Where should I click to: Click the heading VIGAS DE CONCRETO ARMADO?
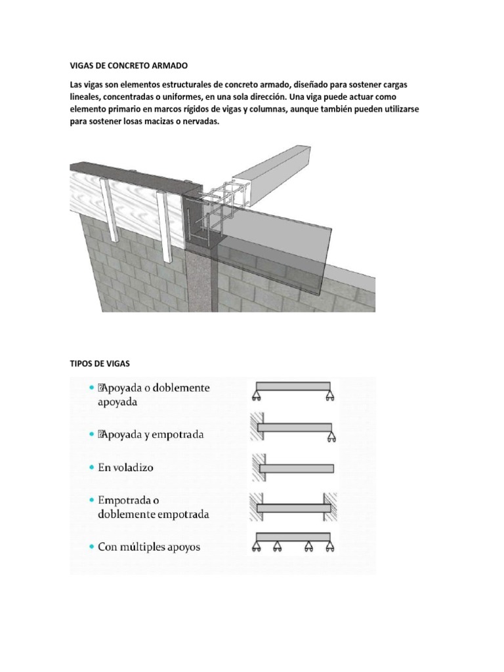point(129,66)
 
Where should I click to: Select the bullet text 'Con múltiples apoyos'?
point(149,546)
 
